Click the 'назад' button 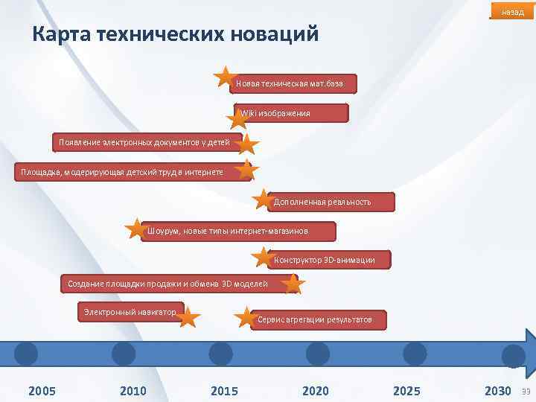[x=512, y=12]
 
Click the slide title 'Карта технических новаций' [x=176, y=34]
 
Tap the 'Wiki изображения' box [x=290, y=113]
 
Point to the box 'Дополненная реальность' [x=330, y=202]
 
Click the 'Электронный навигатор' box [x=130, y=311]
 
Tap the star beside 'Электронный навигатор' [x=188, y=318]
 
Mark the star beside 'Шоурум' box [x=135, y=229]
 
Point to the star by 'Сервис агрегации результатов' [x=245, y=318]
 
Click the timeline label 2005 [x=42, y=391]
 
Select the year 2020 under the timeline [x=316, y=391]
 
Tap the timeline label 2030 [x=497, y=391]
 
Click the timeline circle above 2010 [x=123, y=354]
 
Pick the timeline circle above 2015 [x=220, y=354]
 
